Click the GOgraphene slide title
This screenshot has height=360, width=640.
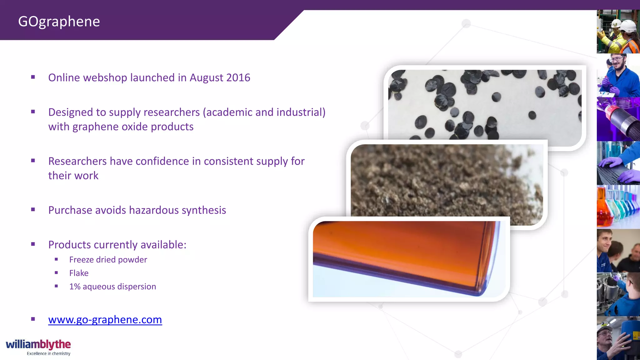tap(59, 22)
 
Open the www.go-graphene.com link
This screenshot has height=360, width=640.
tap(105, 320)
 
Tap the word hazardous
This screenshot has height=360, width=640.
tap(154, 210)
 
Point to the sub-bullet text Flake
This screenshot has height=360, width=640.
tap(79, 273)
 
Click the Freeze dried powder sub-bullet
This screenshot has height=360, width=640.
tap(108, 260)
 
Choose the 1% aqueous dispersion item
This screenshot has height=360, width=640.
tap(112, 287)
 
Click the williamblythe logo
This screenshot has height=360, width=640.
tap(38, 344)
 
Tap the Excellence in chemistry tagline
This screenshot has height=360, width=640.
tap(48, 353)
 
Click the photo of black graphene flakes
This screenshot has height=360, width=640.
tap(484, 103)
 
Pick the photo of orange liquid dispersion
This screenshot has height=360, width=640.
tap(406, 259)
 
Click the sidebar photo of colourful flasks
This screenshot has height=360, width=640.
tap(618, 207)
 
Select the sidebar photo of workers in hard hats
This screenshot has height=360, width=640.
tap(618, 32)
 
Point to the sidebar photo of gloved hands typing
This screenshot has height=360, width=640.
tap(618, 163)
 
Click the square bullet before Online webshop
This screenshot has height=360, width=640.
tap(33, 77)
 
